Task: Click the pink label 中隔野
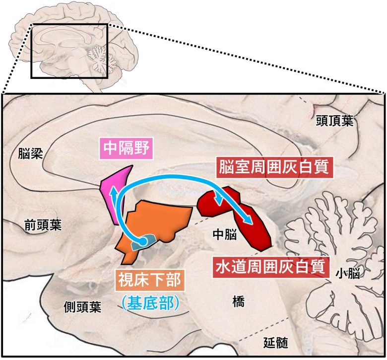(126, 148)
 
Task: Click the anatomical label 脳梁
(30, 153)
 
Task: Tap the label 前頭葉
(43, 226)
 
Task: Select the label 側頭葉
(82, 307)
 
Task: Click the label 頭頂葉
(335, 121)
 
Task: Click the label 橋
(238, 300)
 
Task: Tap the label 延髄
(276, 342)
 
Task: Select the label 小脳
(347, 273)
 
